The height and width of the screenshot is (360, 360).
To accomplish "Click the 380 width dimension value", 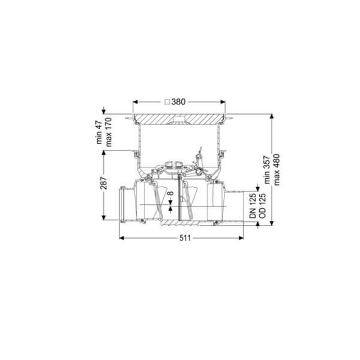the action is coord(178,102).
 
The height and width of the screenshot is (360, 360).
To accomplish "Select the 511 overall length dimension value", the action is coord(185,238).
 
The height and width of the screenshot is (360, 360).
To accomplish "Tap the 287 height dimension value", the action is coord(104,183).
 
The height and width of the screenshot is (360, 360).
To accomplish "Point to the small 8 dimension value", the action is coord(171,193).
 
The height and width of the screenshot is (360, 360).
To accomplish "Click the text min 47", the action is coord(99,132).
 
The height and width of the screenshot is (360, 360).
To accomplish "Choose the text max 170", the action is coord(109,132).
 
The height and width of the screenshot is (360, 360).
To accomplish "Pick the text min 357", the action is coord(267,170).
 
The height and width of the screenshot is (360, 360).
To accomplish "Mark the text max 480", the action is coord(277,170).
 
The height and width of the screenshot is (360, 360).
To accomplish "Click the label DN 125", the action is coord(253,206).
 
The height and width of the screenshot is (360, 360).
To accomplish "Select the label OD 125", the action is coord(262,206).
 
